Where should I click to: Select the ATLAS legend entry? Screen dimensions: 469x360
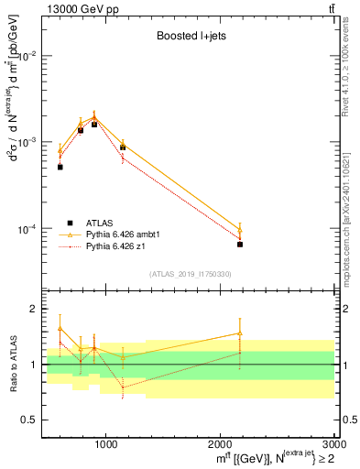click(x=101, y=223)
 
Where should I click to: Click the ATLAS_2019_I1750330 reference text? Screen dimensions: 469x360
click(x=191, y=274)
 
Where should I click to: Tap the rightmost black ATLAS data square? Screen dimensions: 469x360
click(x=240, y=245)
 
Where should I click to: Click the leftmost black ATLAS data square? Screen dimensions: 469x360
click(x=60, y=167)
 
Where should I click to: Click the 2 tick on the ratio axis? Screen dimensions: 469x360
click(x=32, y=310)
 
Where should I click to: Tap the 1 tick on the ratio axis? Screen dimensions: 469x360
click(x=32, y=365)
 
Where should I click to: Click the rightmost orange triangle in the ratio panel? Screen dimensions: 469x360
click(x=240, y=333)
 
